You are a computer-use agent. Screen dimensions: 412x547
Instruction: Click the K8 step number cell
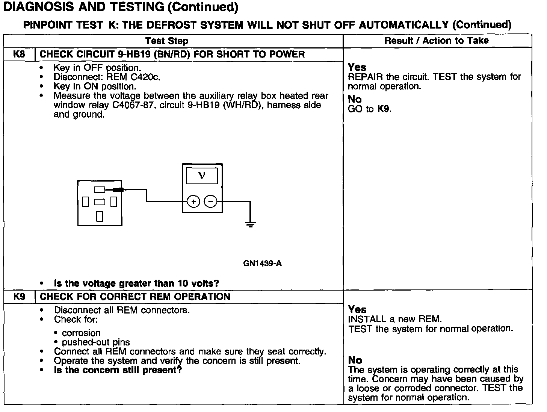coord(19,55)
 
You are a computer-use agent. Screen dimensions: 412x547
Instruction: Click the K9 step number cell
coord(19,297)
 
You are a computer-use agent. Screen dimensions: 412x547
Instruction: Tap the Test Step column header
coord(167,41)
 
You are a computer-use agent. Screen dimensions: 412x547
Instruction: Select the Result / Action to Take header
coord(437,41)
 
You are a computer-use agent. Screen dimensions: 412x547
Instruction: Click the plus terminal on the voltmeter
coord(193,202)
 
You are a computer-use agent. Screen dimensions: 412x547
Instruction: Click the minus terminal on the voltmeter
coord(210,202)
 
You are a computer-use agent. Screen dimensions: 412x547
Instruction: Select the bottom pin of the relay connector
coord(100,216)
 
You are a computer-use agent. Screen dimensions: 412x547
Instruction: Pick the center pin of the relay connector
coord(100,202)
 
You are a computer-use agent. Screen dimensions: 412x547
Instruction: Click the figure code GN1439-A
coord(262,263)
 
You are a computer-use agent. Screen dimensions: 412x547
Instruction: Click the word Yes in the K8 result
coord(357,67)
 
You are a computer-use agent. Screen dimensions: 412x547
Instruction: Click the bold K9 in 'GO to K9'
coord(384,109)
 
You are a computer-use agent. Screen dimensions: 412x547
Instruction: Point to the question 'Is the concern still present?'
coord(118,370)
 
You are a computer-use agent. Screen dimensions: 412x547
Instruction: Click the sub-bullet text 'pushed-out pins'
coord(96,342)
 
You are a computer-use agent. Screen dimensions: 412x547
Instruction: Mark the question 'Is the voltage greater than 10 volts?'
coord(136,283)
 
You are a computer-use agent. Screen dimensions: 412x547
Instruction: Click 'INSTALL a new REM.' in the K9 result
coord(395,319)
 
